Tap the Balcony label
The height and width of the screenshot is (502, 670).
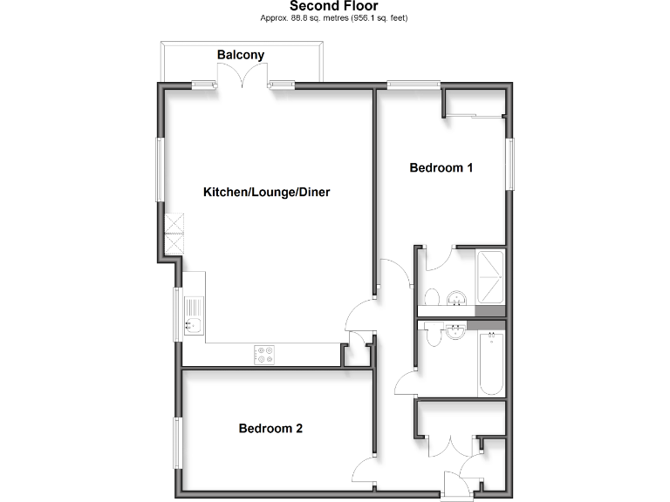point(241,55)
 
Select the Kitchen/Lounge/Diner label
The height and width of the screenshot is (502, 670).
point(266,192)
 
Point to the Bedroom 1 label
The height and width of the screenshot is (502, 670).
point(441,168)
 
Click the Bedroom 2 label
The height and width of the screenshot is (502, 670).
point(270,429)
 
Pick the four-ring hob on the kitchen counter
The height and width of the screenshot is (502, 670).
point(263,354)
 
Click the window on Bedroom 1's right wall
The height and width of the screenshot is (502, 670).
point(511,162)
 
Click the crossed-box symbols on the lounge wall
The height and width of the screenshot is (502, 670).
point(175,233)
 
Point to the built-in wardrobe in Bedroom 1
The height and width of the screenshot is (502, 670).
point(475,115)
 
